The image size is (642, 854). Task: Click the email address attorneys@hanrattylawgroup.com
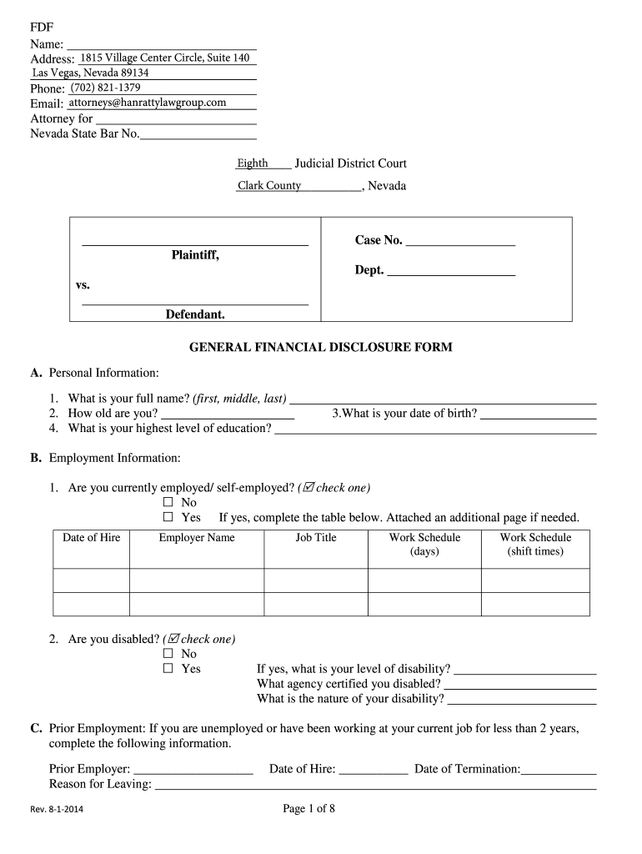point(148,103)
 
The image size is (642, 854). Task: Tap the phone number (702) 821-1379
point(105,88)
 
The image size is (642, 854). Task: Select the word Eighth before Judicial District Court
point(253,163)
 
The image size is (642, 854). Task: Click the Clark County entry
point(269,186)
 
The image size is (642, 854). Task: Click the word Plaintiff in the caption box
point(195,255)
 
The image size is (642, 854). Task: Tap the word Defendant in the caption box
point(195,314)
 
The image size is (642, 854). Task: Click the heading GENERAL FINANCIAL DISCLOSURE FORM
point(321,347)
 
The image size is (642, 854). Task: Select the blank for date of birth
point(538,414)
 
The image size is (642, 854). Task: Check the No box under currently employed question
point(168,503)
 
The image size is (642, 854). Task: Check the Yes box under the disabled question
point(168,669)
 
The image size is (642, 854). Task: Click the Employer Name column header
point(197,538)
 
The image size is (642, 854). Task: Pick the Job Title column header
point(316,538)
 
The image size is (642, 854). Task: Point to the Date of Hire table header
point(91,538)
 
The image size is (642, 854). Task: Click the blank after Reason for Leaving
point(375,786)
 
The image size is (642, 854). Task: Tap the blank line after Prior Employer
point(193,771)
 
